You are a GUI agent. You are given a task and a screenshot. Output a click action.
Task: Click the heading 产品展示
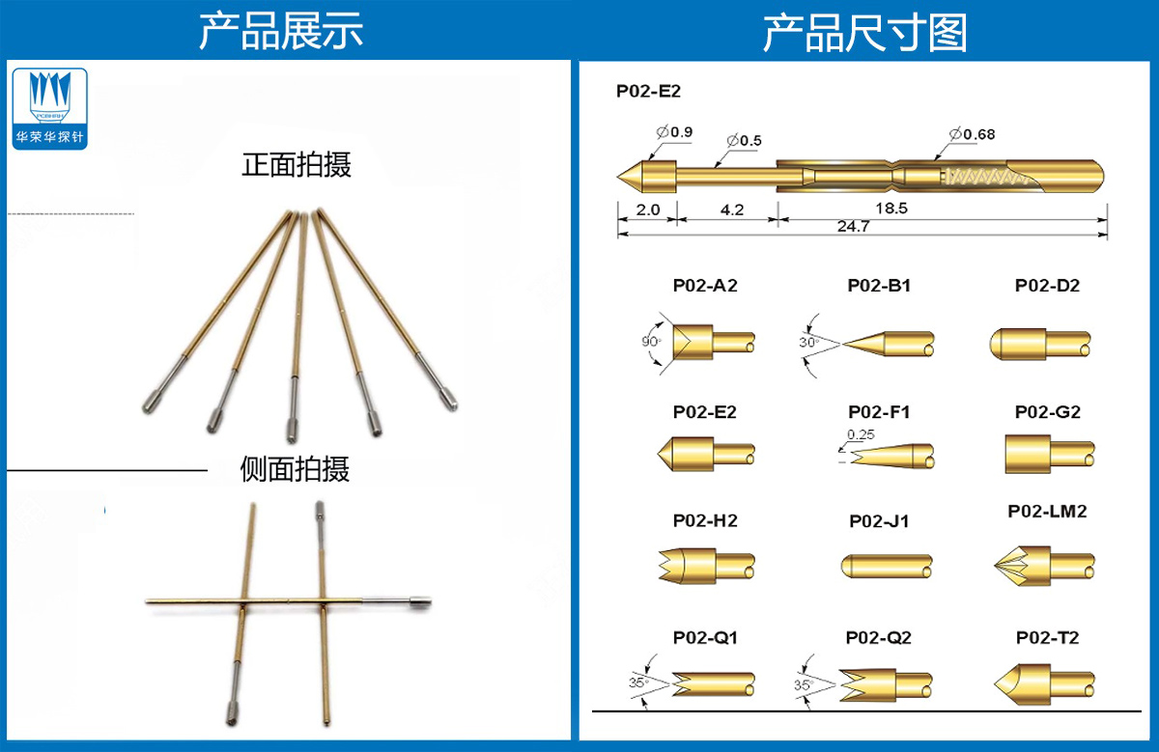[281, 31]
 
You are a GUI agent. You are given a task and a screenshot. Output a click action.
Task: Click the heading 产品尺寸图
[864, 33]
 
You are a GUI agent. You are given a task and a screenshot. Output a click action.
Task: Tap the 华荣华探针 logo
[50, 108]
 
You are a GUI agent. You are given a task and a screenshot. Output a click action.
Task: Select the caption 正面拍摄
[297, 165]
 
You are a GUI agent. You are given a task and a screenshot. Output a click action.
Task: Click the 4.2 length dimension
[732, 209]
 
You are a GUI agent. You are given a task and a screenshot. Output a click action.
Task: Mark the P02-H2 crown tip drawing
[704, 566]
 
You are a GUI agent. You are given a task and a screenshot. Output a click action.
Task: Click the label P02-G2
[1047, 412]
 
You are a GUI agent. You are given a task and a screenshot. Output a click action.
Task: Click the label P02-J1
[879, 521]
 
